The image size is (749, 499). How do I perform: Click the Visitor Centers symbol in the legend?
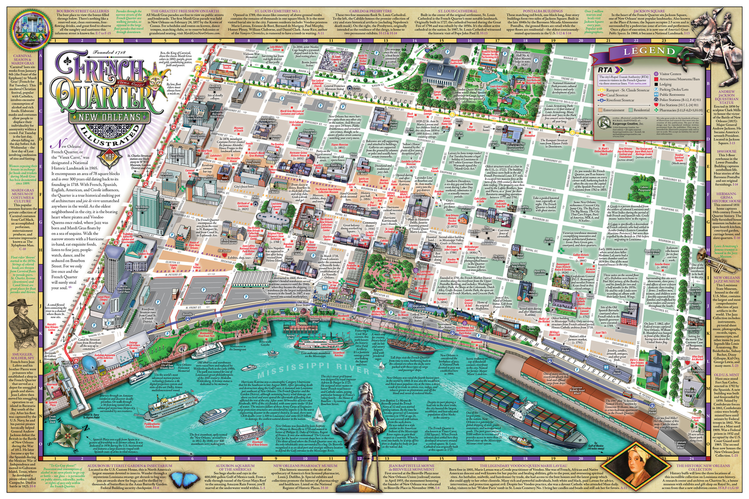(x=656, y=74)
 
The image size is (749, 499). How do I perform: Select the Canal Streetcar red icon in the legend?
(x=601, y=95)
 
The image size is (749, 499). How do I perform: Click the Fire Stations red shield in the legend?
(x=656, y=105)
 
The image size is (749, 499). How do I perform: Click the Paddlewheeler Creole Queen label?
(x=152, y=425)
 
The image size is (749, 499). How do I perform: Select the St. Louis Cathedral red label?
(x=389, y=230)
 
